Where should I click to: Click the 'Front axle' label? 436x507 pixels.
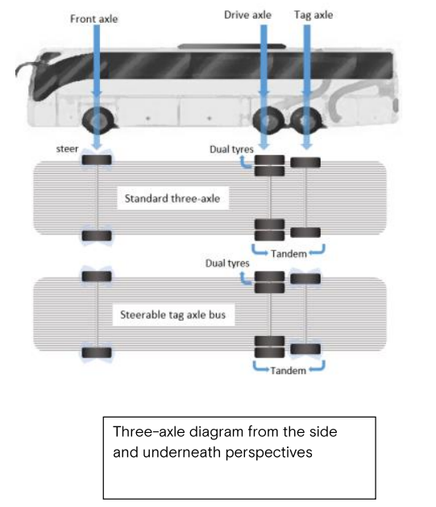pos(93,19)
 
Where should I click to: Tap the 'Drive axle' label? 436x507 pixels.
pos(247,15)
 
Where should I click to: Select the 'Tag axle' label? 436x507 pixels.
pos(314,15)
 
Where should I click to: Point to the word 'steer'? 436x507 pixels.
pos(67,149)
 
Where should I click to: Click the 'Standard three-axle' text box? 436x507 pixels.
pos(172,198)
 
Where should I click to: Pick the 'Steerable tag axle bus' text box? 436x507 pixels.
pos(173,314)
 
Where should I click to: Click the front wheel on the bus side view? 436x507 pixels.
pos(98,120)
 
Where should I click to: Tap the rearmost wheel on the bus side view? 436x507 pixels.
pos(305,120)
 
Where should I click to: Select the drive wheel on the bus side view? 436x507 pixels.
pos(268,120)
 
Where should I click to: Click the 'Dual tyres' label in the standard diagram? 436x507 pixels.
pos(231,149)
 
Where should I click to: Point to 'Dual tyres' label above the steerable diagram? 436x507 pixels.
pos(227,264)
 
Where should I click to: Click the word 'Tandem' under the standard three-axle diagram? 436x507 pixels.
pos(289,254)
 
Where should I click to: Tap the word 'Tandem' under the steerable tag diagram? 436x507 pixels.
pos(289,370)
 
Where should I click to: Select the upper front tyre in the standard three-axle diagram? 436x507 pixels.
pos(97,160)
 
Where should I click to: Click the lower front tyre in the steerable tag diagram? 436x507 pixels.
pos(97,352)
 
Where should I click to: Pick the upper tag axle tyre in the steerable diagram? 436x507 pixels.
pos(305,279)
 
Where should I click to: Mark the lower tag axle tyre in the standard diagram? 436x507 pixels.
pos(305,232)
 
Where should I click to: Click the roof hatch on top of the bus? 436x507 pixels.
pos(232,47)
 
